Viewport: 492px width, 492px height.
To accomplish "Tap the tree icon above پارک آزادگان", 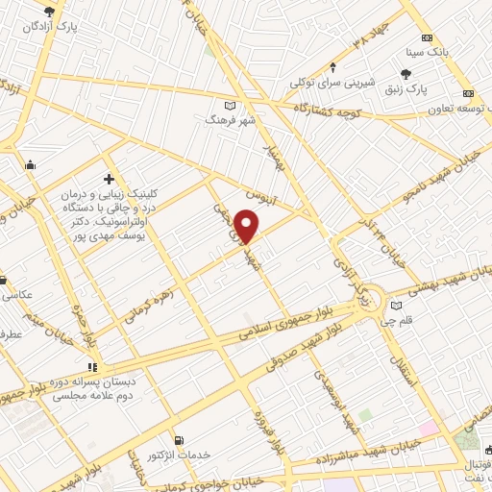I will [50, 12].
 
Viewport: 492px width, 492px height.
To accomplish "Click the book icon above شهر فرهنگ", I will [229, 105].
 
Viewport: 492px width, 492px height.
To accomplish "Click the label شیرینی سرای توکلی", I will [333, 82].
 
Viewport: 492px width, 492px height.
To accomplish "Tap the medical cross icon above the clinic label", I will [109, 179].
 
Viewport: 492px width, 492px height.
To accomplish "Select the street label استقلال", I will [405, 364].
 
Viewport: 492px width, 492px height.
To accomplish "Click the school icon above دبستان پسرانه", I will [92, 366].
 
